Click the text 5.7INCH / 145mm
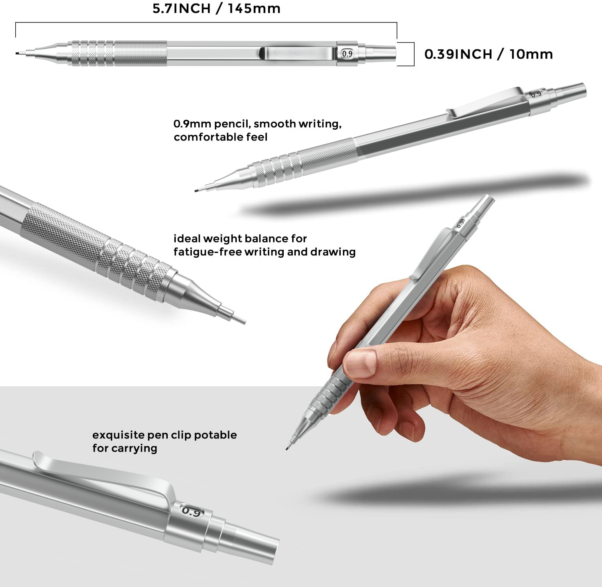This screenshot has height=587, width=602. tap(216, 8)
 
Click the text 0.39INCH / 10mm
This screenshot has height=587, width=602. tap(488, 54)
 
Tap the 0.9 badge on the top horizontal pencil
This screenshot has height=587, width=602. tap(347, 53)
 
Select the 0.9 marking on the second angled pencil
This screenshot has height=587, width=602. tap(536, 94)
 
